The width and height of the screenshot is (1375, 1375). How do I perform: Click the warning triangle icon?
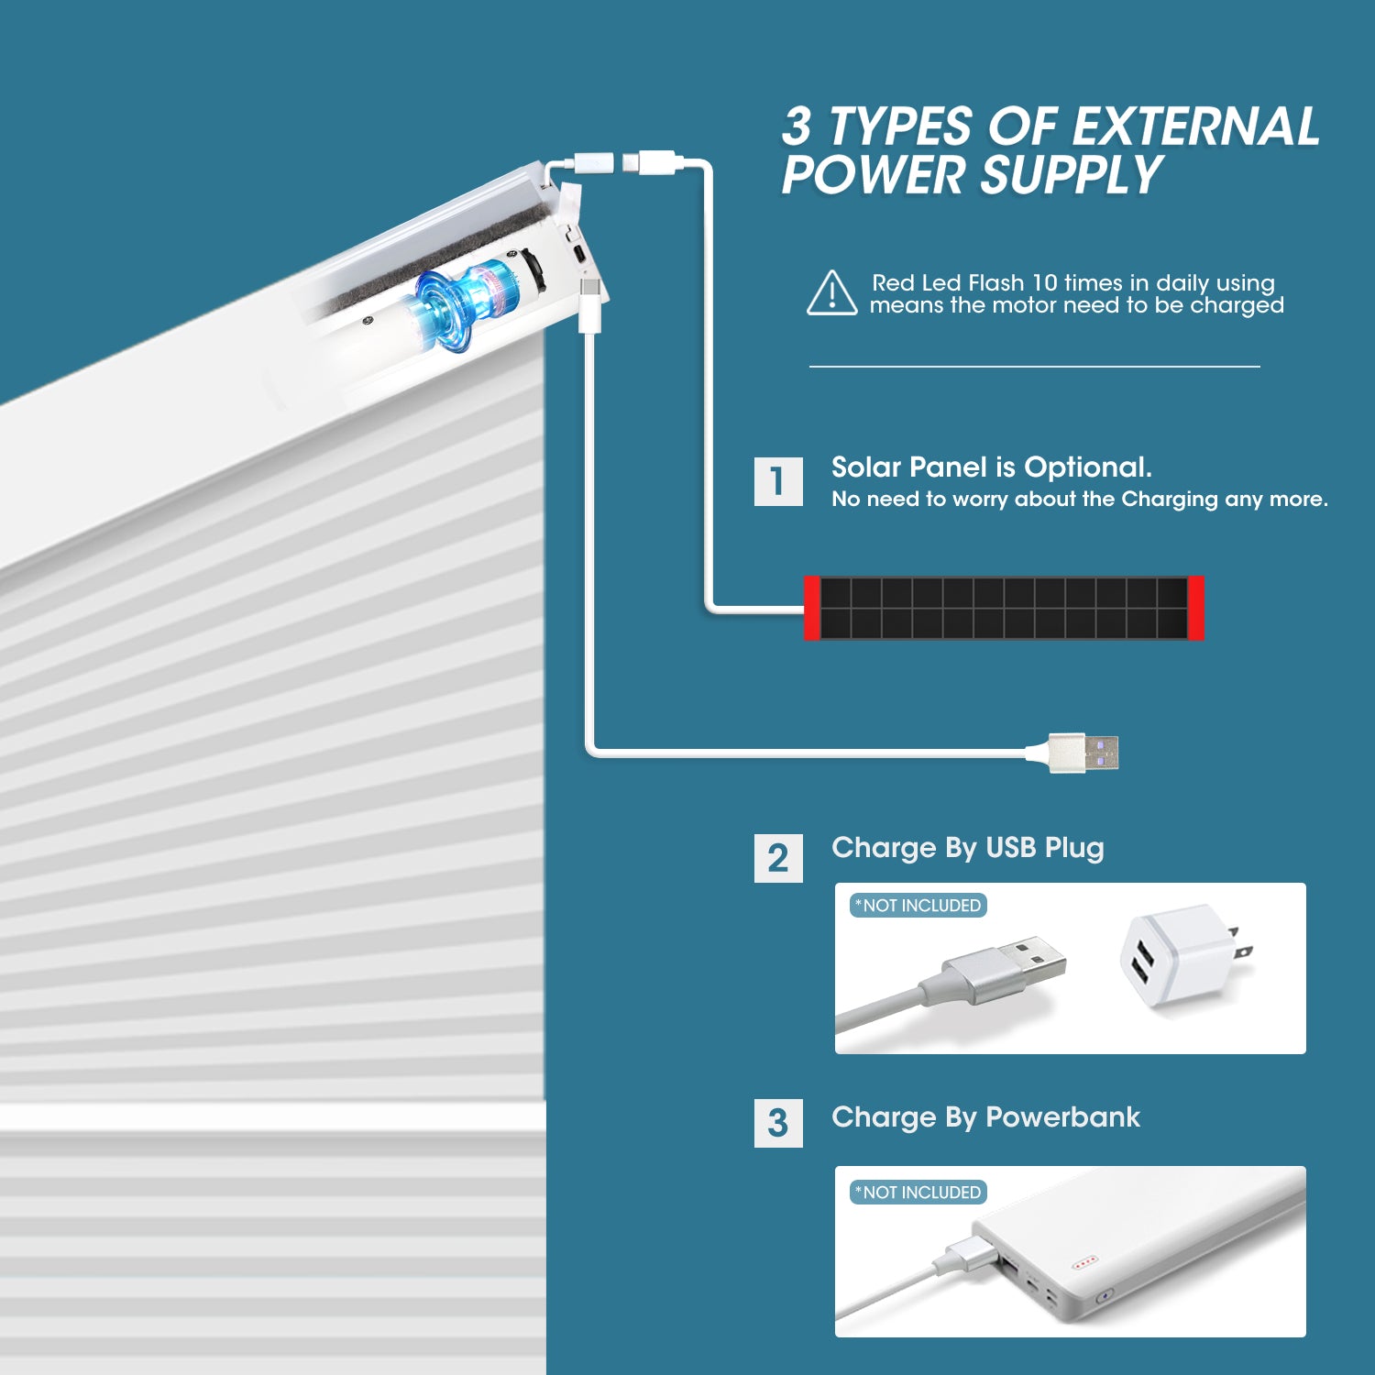831,294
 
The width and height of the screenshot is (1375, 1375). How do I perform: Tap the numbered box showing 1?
778,481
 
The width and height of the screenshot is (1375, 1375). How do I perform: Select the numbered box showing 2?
778,859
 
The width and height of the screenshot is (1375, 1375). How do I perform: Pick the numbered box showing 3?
778,1123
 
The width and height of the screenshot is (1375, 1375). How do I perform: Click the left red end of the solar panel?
811,608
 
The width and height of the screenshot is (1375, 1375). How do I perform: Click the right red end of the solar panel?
1195,608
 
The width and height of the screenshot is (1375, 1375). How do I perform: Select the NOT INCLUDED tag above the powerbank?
918,1192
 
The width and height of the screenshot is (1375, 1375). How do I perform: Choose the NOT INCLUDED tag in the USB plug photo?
918,906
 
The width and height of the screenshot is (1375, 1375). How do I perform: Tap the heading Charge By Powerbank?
985,1117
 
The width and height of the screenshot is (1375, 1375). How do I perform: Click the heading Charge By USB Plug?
967,848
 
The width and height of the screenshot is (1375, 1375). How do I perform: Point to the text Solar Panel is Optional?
991,467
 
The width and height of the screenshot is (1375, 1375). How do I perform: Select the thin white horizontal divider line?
1034,367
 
